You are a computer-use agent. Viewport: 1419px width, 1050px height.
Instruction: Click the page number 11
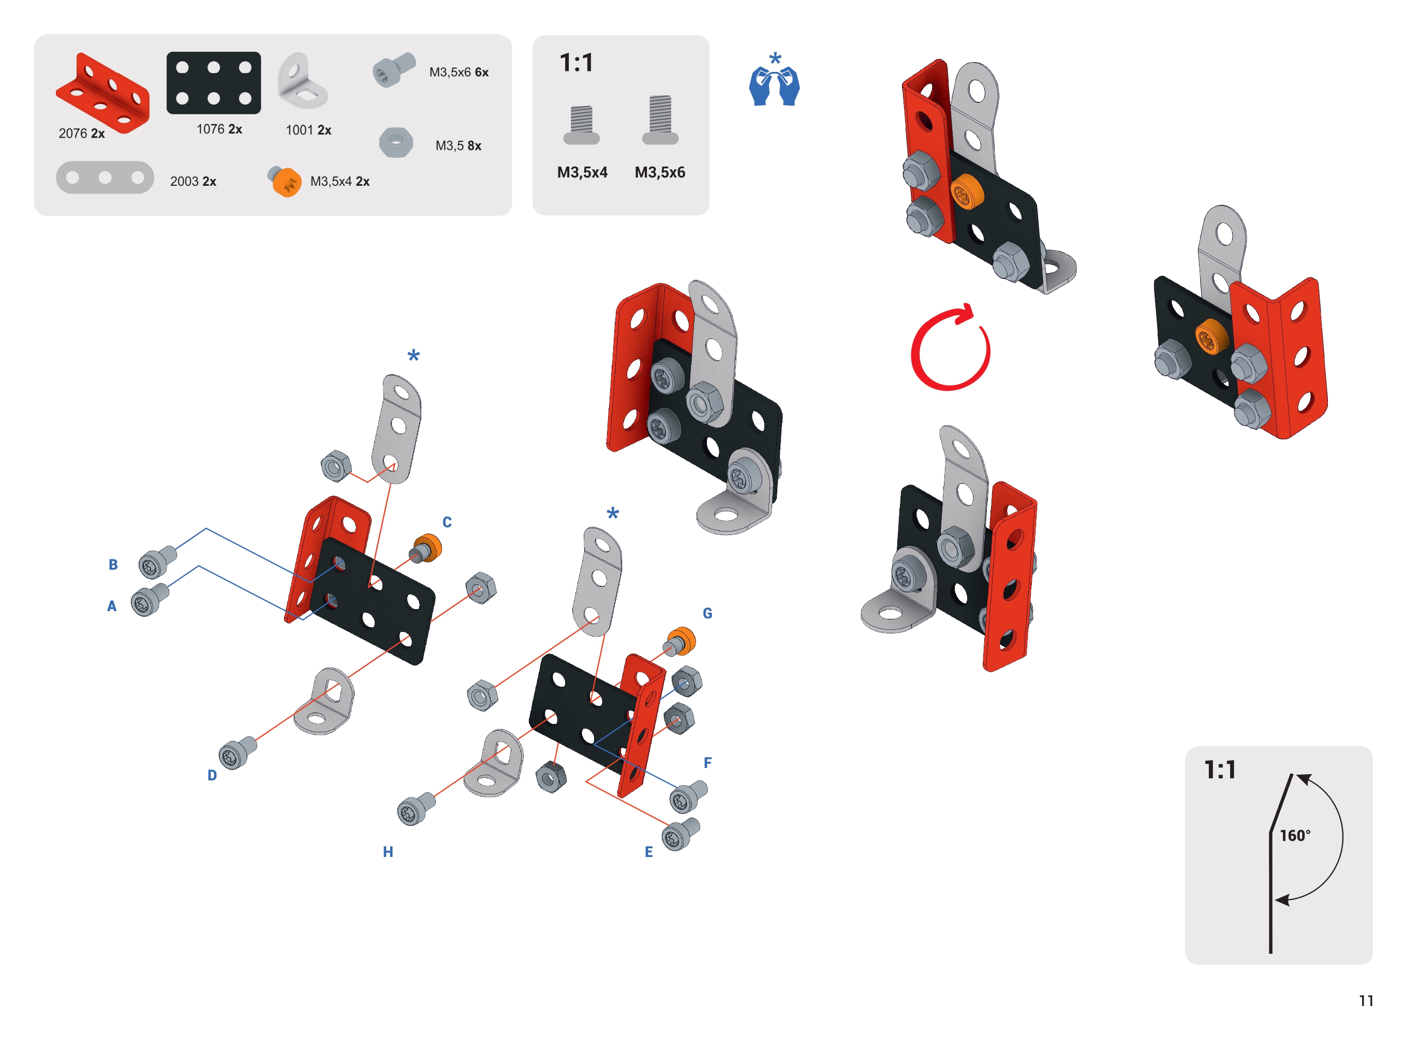[1366, 1001]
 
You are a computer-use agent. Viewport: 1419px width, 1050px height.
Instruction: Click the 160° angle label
[1294, 835]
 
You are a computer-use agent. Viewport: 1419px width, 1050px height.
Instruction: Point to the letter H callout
[388, 852]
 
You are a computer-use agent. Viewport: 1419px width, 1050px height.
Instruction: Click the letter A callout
[112, 605]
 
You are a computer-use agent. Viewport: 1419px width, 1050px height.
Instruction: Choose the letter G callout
[707, 613]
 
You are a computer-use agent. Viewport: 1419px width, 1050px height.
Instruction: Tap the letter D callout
[212, 775]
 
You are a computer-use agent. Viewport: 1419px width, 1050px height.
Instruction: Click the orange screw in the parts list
[284, 182]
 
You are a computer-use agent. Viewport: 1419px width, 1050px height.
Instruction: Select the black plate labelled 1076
[214, 83]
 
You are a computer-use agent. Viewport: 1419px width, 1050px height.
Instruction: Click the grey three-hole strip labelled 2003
[105, 178]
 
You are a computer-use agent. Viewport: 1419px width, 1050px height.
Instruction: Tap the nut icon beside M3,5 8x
[396, 142]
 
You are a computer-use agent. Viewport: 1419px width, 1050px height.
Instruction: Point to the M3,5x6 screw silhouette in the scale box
[660, 120]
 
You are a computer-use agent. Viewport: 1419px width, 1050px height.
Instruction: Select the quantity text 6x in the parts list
[482, 72]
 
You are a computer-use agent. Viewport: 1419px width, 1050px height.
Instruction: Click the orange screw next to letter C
[426, 549]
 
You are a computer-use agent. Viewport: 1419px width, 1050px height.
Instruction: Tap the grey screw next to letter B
[157, 563]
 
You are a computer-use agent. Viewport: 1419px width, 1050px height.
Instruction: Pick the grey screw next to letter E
[681, 835]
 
